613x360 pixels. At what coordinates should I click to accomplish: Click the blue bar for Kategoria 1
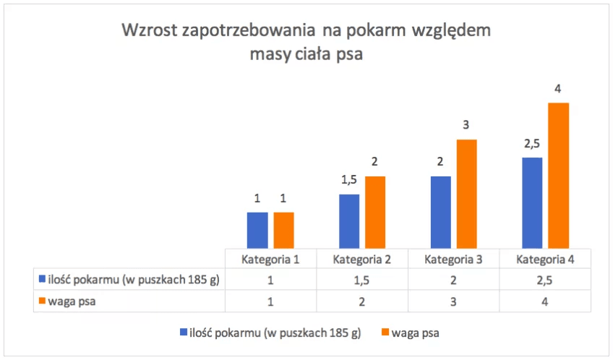tap(257, 230)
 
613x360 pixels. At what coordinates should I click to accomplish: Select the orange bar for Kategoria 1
tap(283, 230)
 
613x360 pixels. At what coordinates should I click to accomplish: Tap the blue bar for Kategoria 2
tap(349, 221)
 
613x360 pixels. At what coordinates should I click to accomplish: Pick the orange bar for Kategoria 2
tap(375, 212)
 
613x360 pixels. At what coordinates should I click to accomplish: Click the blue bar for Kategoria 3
tap(441, 212)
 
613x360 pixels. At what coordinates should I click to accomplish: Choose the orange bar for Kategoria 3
tap(467, 193)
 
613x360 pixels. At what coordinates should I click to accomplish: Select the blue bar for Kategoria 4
tap(532, 202)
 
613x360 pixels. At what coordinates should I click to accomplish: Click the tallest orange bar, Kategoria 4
tap(559, 175)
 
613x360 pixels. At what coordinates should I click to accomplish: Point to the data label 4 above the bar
tap(558, 89)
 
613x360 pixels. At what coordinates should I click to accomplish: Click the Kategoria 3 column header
tap(453, 259)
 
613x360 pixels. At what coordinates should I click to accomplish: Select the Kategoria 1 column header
tap(270, 259)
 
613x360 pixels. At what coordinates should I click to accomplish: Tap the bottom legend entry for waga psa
tap(414, 333)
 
